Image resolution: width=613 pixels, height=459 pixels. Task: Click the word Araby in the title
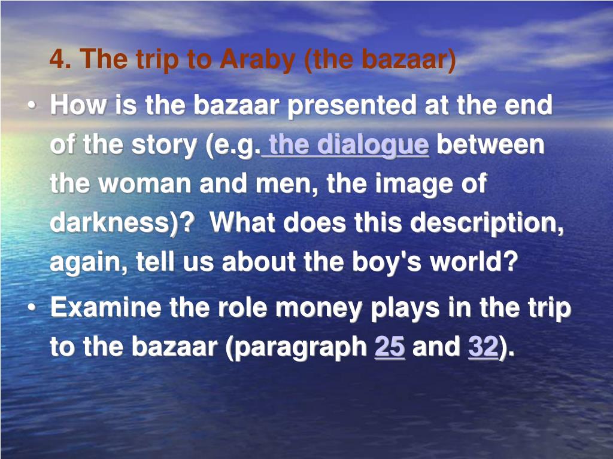click(x=257, y=60)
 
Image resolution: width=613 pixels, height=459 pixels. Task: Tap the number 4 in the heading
click(x=57, y=59)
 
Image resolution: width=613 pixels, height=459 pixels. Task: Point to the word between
click(x=490, y=144)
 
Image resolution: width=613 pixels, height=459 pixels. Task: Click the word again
click(x=86, y=262)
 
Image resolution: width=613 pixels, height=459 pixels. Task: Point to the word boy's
click(x=387, y=262)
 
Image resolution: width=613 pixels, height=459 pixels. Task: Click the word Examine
click(x=106, y=307)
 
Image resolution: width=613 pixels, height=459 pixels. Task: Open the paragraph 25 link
click(x=390, y=347)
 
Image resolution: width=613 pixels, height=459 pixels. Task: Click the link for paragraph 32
click(x=483, y=347)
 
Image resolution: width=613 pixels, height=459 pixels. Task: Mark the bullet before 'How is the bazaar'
click(x=32, y=106)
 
